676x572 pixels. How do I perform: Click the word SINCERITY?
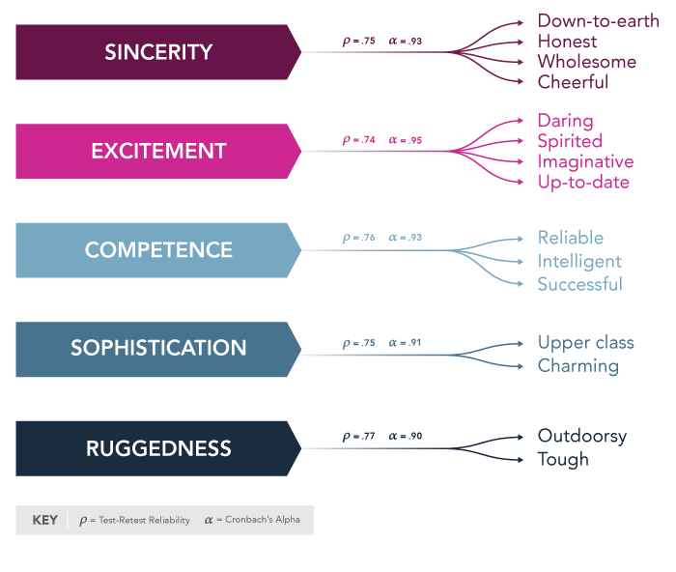(x=158, y=52)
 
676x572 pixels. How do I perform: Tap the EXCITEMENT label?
(x=158, y=152)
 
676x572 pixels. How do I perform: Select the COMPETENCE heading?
(x=158, y=250)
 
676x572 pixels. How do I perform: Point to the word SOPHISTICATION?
(x=158, y=348)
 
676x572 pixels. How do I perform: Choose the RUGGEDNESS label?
(x=158, y=448)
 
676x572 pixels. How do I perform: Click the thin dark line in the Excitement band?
(x=367, y=151)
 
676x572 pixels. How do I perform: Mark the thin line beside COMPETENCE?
(x=372, y=250)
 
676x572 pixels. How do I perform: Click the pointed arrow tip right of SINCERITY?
(x=296, y=51)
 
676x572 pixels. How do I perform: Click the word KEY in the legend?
(x=44, y=520)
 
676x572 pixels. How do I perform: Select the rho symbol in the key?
(x=83, y=521)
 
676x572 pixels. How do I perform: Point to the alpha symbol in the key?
(x=209, y=520)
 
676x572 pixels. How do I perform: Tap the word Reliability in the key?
(x=170, y=520)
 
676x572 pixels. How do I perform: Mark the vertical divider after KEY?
(x=68, y=520)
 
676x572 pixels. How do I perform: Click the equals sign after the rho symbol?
(x=92, y=521)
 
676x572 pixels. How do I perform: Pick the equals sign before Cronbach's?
(x=220, y=520)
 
